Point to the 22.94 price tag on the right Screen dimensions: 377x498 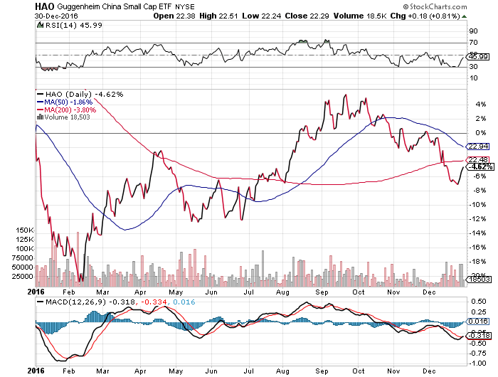(x=476, y=145)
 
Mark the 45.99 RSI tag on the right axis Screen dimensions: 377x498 (x=476, y=57)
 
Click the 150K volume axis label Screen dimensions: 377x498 (x=25, y=231)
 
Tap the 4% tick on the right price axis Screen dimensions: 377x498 (x=472, y=105)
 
